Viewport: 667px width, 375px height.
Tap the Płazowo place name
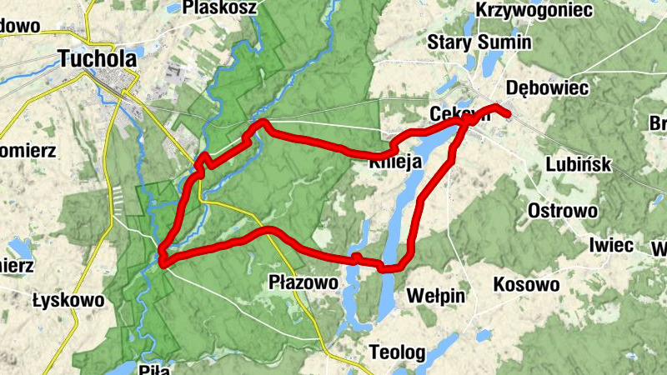point(304,282)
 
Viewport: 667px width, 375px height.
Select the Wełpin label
point(436,295)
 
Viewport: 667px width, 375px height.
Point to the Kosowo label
point(526,285)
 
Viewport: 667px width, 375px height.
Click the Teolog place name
point(397,351)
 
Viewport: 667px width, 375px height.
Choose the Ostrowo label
point(563,210)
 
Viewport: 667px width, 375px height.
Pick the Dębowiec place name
point(548,87)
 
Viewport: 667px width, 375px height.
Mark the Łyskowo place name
point(68,299)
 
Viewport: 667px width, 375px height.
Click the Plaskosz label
point(223,7)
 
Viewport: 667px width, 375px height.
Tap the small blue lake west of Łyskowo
point(18,247)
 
